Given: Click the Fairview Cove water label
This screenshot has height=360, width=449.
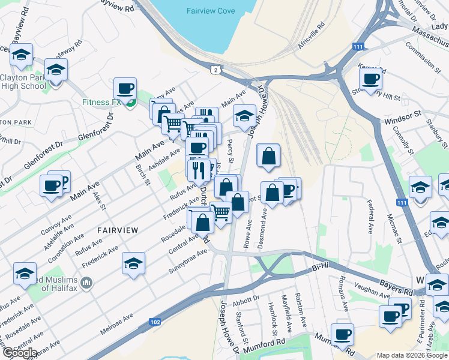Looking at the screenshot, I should pos(210,11).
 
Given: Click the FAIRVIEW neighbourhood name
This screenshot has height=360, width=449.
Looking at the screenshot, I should pos(118,230).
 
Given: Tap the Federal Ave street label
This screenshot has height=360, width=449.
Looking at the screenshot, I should pos(370,217).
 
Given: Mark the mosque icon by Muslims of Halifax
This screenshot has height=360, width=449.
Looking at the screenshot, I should pos(86,282).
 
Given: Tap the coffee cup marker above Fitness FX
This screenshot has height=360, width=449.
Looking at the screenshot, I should pos(125,89).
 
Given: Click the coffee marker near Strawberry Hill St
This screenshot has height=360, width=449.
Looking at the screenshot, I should pos(371,78).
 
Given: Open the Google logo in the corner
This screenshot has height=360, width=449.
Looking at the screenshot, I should pos(19,353).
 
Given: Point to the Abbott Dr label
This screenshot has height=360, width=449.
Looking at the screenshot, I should pos(247,298).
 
